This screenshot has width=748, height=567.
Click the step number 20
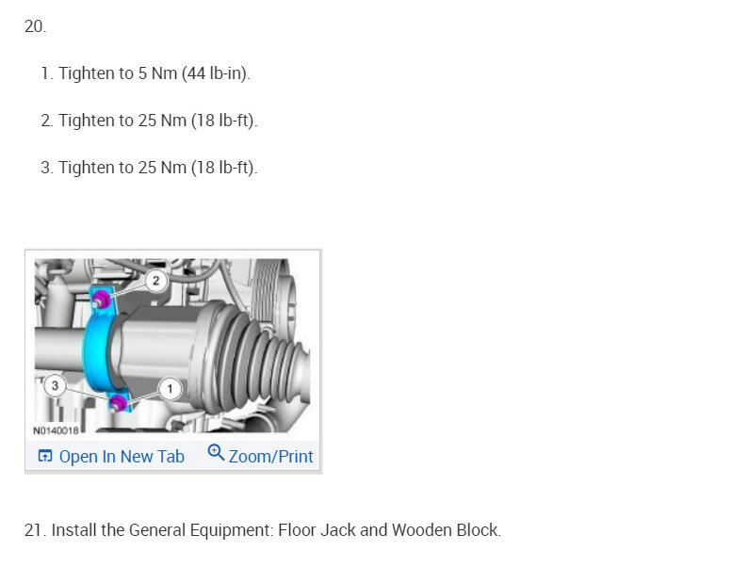tap(35, 26)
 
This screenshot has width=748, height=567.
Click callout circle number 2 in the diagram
tap(156, 281)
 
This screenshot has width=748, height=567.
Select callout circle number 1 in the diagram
tap(170, 389)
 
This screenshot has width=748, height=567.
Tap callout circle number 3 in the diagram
tap(55, 385)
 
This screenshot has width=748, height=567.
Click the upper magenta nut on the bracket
tap(101, 300)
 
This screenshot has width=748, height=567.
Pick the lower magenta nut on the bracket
tap(117, 403)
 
